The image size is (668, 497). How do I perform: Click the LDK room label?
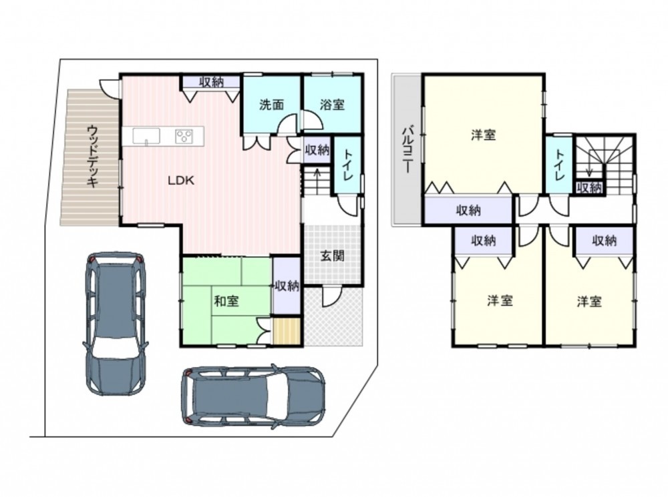click(x=181, y=180)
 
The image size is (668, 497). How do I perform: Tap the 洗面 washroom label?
click(x=272, y=105)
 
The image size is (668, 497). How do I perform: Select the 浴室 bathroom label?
click(x=332, y=105)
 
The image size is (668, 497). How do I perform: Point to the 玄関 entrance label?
click(x=332, y=256)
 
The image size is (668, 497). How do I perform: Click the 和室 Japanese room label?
click(x=226, y=302)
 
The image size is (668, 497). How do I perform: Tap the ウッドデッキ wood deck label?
click(x=92, y=155)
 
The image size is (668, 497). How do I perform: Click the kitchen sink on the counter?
click(x=146, y=137)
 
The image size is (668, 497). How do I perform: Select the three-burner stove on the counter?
click(x=184, y=136)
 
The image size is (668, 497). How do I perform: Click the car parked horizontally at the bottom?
click(x=253, y=396)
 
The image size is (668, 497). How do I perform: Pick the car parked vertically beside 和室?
click(x=116, y=324)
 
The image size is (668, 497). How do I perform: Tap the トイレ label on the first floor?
click(x=347, y=164)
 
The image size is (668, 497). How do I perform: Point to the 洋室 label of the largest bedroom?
click(x=484, y=135)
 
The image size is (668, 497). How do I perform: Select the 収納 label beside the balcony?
click(x=469, y=210)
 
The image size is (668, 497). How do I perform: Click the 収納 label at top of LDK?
click(x=211, y=81)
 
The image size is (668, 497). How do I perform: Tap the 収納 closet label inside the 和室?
click(x=287, y=286)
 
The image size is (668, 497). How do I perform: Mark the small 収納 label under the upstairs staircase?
click(x=590, y=187)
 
